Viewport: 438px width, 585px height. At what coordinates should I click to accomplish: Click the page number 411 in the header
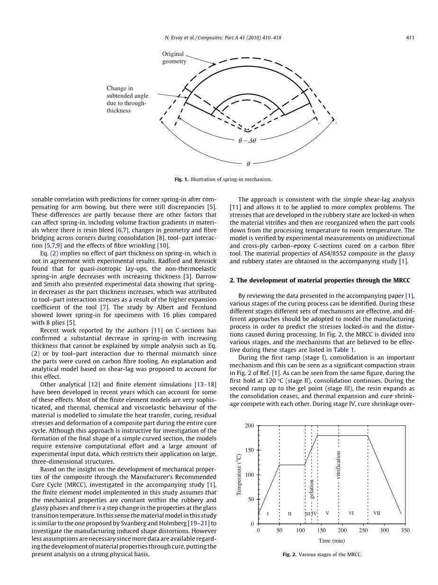(411, 38)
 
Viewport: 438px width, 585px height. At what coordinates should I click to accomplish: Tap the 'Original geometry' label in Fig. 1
(174, 57)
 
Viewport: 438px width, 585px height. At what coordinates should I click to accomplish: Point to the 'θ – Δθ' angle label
(247, 141)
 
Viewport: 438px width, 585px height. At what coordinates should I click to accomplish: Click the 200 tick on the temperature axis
(250, 426)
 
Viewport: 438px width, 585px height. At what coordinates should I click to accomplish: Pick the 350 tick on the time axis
(405, 530)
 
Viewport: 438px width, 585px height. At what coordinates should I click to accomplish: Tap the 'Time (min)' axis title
(331, 540)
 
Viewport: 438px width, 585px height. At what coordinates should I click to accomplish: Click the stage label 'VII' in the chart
(377, 513)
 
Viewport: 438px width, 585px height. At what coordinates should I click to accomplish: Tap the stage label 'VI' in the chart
(351, 513)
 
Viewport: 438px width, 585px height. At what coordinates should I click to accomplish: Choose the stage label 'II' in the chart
(289, 513)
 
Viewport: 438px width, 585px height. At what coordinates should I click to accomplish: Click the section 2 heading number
(232, 281)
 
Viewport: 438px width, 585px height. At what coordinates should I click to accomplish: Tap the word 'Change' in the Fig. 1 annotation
(116, 88)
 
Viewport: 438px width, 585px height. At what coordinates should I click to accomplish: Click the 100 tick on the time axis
(300, 530)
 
